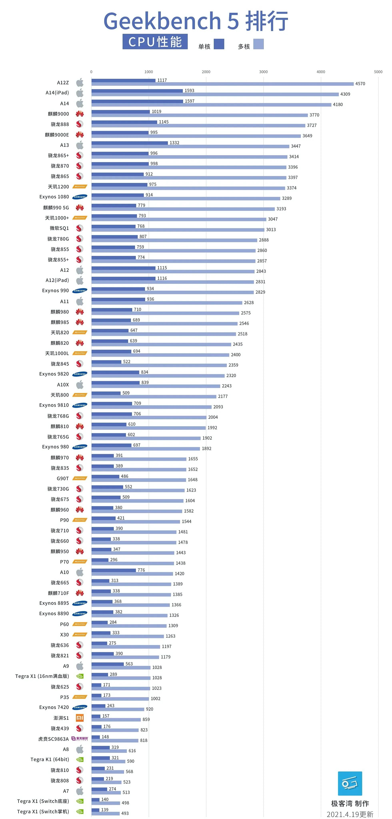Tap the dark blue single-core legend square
pyautogui.click(x=219, y=44)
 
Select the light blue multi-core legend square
pyautogui.click(x=258, y=44)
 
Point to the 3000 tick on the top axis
pyautogui.click(x=263, y=72)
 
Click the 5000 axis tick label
pyautogui.click(x=378, y=72)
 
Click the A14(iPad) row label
pyautogui.click(x=57, y=93)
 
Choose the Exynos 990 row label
pyautogui.click(x=55, y=291)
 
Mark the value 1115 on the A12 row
pyautogui.click(x=162, y=268)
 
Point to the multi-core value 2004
pyautogui.click(x=213, y=417)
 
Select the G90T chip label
pyautogui.click(x=63, y=479)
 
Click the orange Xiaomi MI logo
pyautogui.click(x=80, y=718)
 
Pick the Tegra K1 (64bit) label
pyautogui.click(x=50, y=760)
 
